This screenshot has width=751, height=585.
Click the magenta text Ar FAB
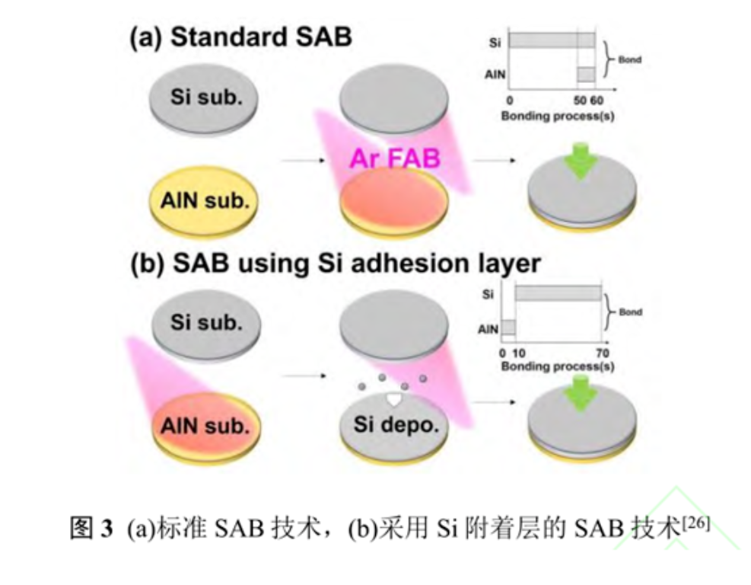point(395,159)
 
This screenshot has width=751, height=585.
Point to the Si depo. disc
point(395,424)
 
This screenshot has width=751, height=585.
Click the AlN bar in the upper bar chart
point(585,75)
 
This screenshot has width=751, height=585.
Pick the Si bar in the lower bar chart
point(558,294)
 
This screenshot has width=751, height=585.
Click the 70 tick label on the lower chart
point(602,353)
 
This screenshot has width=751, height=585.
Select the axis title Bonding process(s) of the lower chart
point(558,366)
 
